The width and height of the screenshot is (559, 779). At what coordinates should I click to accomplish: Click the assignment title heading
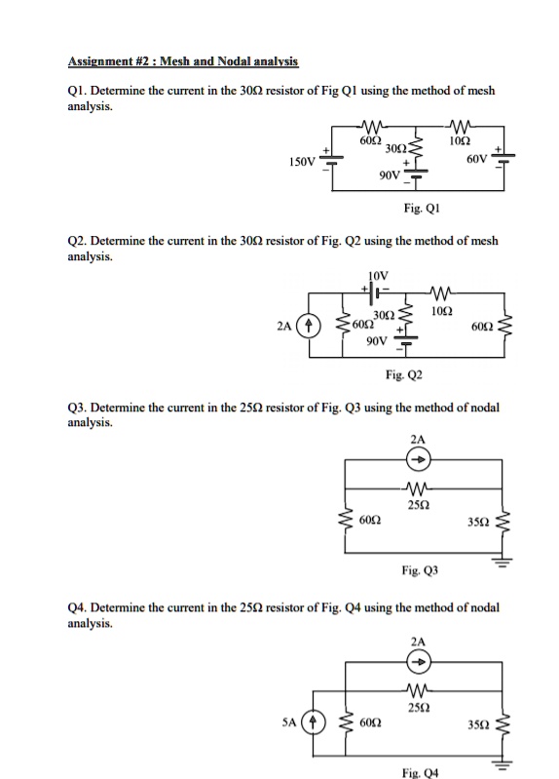pos(182,61)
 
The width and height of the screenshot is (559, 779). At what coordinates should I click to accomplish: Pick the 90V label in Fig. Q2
pos(378,342)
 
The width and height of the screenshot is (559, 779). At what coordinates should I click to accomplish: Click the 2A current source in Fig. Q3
pos(418,461)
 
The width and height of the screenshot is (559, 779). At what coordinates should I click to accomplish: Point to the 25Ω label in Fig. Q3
pos(419,505)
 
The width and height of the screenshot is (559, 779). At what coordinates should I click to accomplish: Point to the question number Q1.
pos(77,91)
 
